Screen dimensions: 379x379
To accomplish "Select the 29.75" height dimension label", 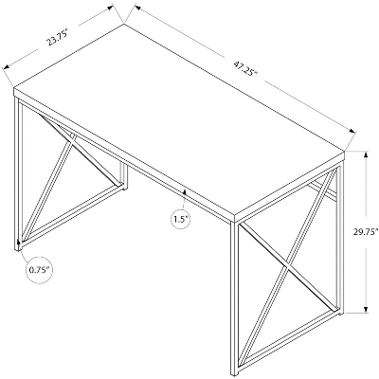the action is (x=366, y=232).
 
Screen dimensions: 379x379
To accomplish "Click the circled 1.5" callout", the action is (x=181, y=218).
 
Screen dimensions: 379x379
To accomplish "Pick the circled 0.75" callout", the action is (x=40, y=270).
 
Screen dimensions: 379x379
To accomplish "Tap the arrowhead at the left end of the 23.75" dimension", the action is (x=7, y=66).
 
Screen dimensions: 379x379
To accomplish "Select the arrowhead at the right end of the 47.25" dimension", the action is (x=352, y=131).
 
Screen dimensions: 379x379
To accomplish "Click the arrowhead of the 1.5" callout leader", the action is (x=185, y=191).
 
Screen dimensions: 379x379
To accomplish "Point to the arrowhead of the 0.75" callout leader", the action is (x=19, y=243).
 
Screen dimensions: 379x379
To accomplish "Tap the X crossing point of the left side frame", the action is (x=71, y=138).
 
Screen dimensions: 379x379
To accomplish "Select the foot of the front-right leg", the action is (x=235, y=373).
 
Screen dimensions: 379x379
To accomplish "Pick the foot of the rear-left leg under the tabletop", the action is (x=124, y=188).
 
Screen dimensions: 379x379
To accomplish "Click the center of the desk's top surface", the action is (x=179, y=119).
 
